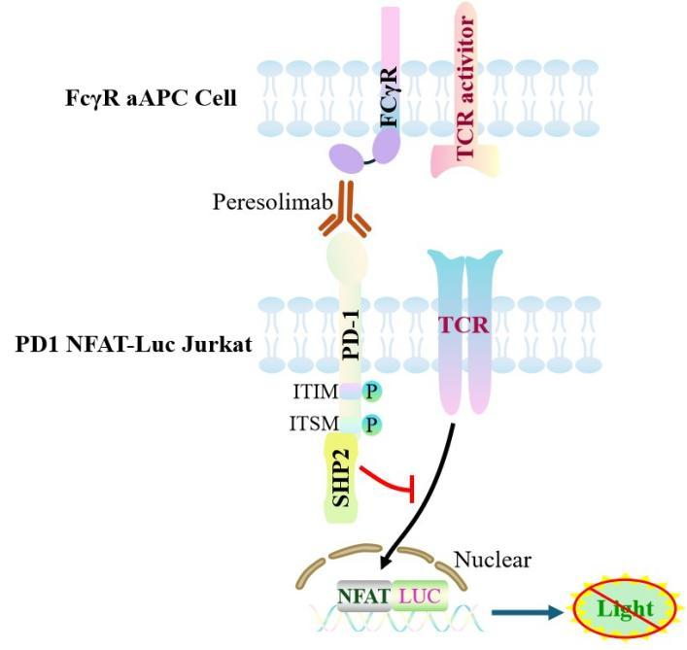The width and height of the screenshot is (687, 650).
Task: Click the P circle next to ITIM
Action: (371, 391)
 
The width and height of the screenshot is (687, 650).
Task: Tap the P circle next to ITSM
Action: (371, 425)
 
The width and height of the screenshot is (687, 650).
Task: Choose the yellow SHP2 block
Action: (341, 478)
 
